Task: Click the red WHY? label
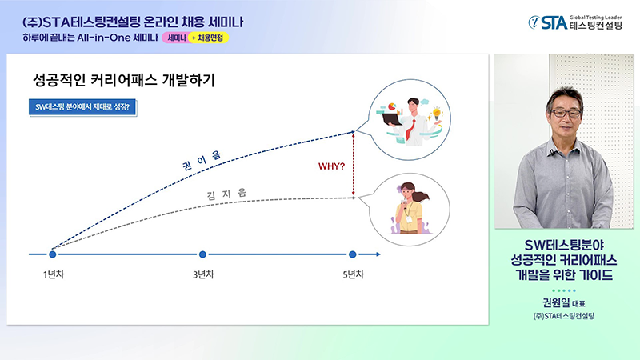(331, 166)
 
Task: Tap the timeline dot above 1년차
(52, 254)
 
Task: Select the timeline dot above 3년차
(202, 254)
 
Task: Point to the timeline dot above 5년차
(353, 254)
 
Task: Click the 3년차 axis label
(203, 274)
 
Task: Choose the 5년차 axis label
(353, 274)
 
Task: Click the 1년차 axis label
(54, 274)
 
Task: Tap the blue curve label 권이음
(202, 160)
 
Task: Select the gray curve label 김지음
(226, 194)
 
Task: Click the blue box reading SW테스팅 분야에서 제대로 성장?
(82, 107)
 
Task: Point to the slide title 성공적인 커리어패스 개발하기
(124, 79)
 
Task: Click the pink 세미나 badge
(176, 38)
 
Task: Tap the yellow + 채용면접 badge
(208, 38)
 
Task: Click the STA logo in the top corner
(575, 22)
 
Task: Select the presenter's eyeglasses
(566, 114)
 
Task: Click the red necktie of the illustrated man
(410, 130)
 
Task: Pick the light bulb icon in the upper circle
(437, 112)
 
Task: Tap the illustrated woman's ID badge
(409, 219)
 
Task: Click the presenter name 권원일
(555, 302)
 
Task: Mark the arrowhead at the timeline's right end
(378, 254)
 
